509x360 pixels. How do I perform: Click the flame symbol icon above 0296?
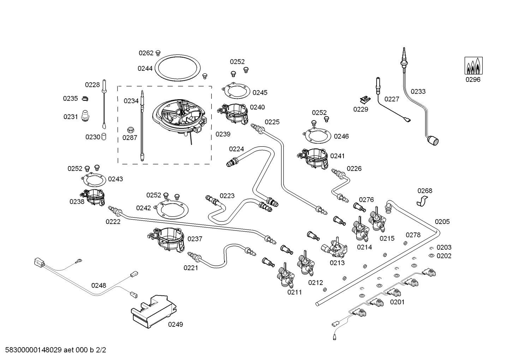click(473, 66)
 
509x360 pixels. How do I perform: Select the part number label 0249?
click(175, 324)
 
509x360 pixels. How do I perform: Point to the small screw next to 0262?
click(158, 53)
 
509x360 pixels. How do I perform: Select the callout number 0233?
click(418, 92)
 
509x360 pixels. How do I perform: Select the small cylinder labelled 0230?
click(104, 136)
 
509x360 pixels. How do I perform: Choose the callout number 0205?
click(442, 222)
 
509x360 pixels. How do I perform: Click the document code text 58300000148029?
click(32, 350)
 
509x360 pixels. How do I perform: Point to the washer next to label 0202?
click(431, 255)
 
